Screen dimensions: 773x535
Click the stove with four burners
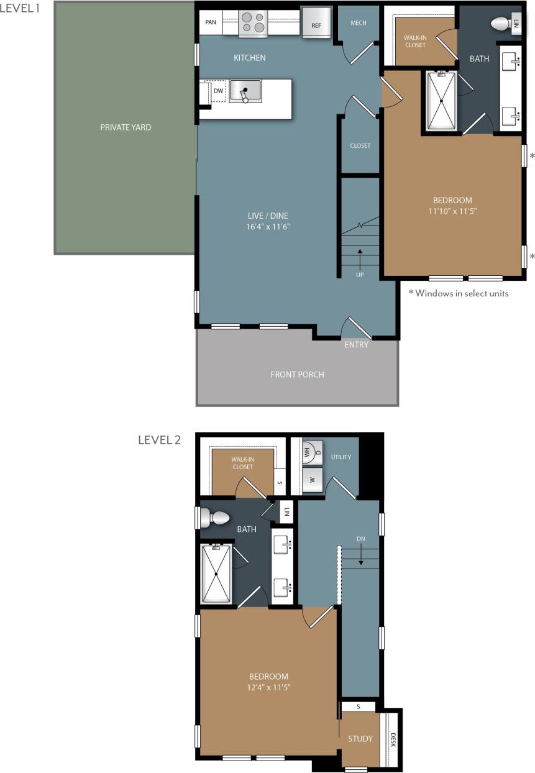coord(253,22)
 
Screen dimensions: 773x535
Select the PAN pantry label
coord(211,22)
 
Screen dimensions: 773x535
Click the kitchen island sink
coord(245,91)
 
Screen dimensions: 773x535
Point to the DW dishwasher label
coord(217,91)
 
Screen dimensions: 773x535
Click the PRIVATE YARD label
coord(126,127)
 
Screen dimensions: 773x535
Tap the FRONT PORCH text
coord(297,374)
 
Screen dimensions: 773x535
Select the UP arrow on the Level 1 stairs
coord(360,255)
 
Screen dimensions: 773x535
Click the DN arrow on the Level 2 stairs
coord(360,559)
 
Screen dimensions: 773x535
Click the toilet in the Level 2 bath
coord(216,517)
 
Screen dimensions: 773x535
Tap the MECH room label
coord(359,23)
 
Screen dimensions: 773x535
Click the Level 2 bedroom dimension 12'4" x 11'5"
coord(269,687)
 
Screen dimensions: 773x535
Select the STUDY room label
coord(360,739)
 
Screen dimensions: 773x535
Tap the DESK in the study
coord(392,739)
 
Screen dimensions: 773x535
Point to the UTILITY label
coord(341,457)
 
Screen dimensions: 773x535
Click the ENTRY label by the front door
coord(356,344)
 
